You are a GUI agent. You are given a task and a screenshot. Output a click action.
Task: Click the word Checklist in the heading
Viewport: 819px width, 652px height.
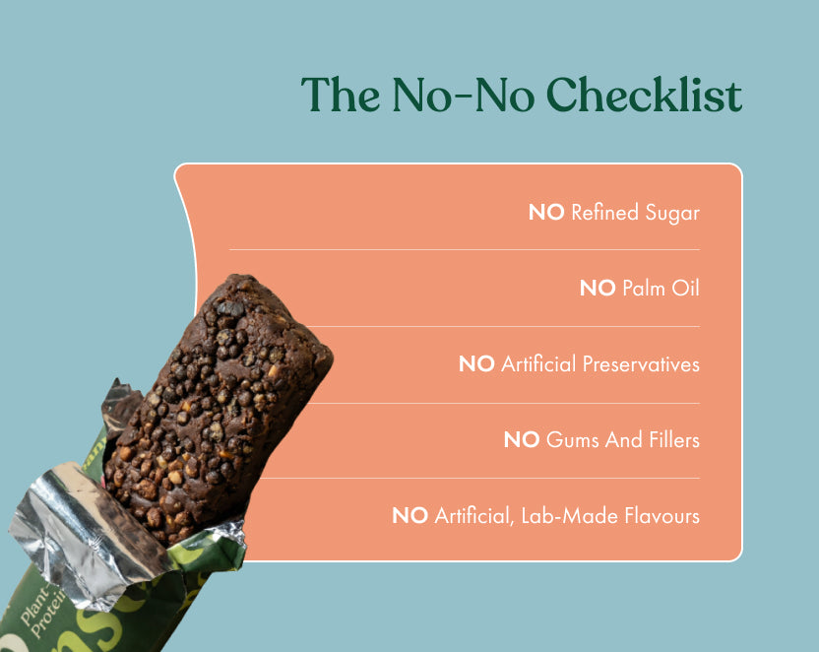(x=644, y=96)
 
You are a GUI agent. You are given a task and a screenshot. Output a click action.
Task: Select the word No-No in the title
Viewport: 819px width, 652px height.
(x=464, y=96)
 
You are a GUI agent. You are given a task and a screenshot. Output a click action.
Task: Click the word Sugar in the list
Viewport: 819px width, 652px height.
(x=672, y=212)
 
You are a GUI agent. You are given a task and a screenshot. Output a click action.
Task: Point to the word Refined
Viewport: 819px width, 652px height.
(x=604, y=212)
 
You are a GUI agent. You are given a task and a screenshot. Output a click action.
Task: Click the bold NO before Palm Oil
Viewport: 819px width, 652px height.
(x=598, y=288)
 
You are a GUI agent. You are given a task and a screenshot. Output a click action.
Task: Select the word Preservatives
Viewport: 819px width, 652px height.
(x=641, y=363)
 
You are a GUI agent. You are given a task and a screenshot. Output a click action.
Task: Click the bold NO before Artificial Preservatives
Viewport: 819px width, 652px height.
(x=476, y=363)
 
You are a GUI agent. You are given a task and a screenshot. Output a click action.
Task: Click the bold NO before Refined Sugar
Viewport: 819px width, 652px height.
(x=546, y=212)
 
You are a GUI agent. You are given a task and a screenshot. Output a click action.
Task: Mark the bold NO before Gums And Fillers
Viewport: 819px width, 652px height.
(x=521, y=439)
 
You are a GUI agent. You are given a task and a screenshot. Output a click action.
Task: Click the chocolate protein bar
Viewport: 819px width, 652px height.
(x=217, y=404)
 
